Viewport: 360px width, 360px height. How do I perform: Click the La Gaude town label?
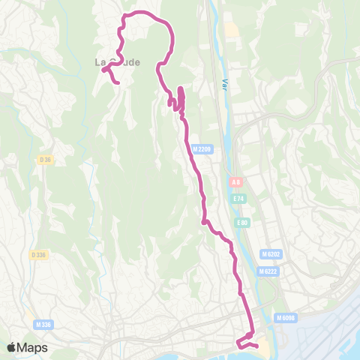click(118, 62)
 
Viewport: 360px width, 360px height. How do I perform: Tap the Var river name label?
click(223, 85)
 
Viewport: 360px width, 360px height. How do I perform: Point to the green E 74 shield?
click(238, 199)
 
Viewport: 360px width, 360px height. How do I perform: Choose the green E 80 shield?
click(241, 223)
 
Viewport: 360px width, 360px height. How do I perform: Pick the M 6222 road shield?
click(268, 271)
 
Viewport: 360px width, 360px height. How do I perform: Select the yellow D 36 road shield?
click(44, 159)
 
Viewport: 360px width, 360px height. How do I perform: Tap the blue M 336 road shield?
click(43, 324)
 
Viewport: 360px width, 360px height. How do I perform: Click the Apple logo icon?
click(11, 347)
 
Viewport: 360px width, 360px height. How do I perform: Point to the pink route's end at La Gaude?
click(118, 82)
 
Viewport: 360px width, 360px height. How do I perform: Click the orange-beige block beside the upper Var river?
click(231, 31)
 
